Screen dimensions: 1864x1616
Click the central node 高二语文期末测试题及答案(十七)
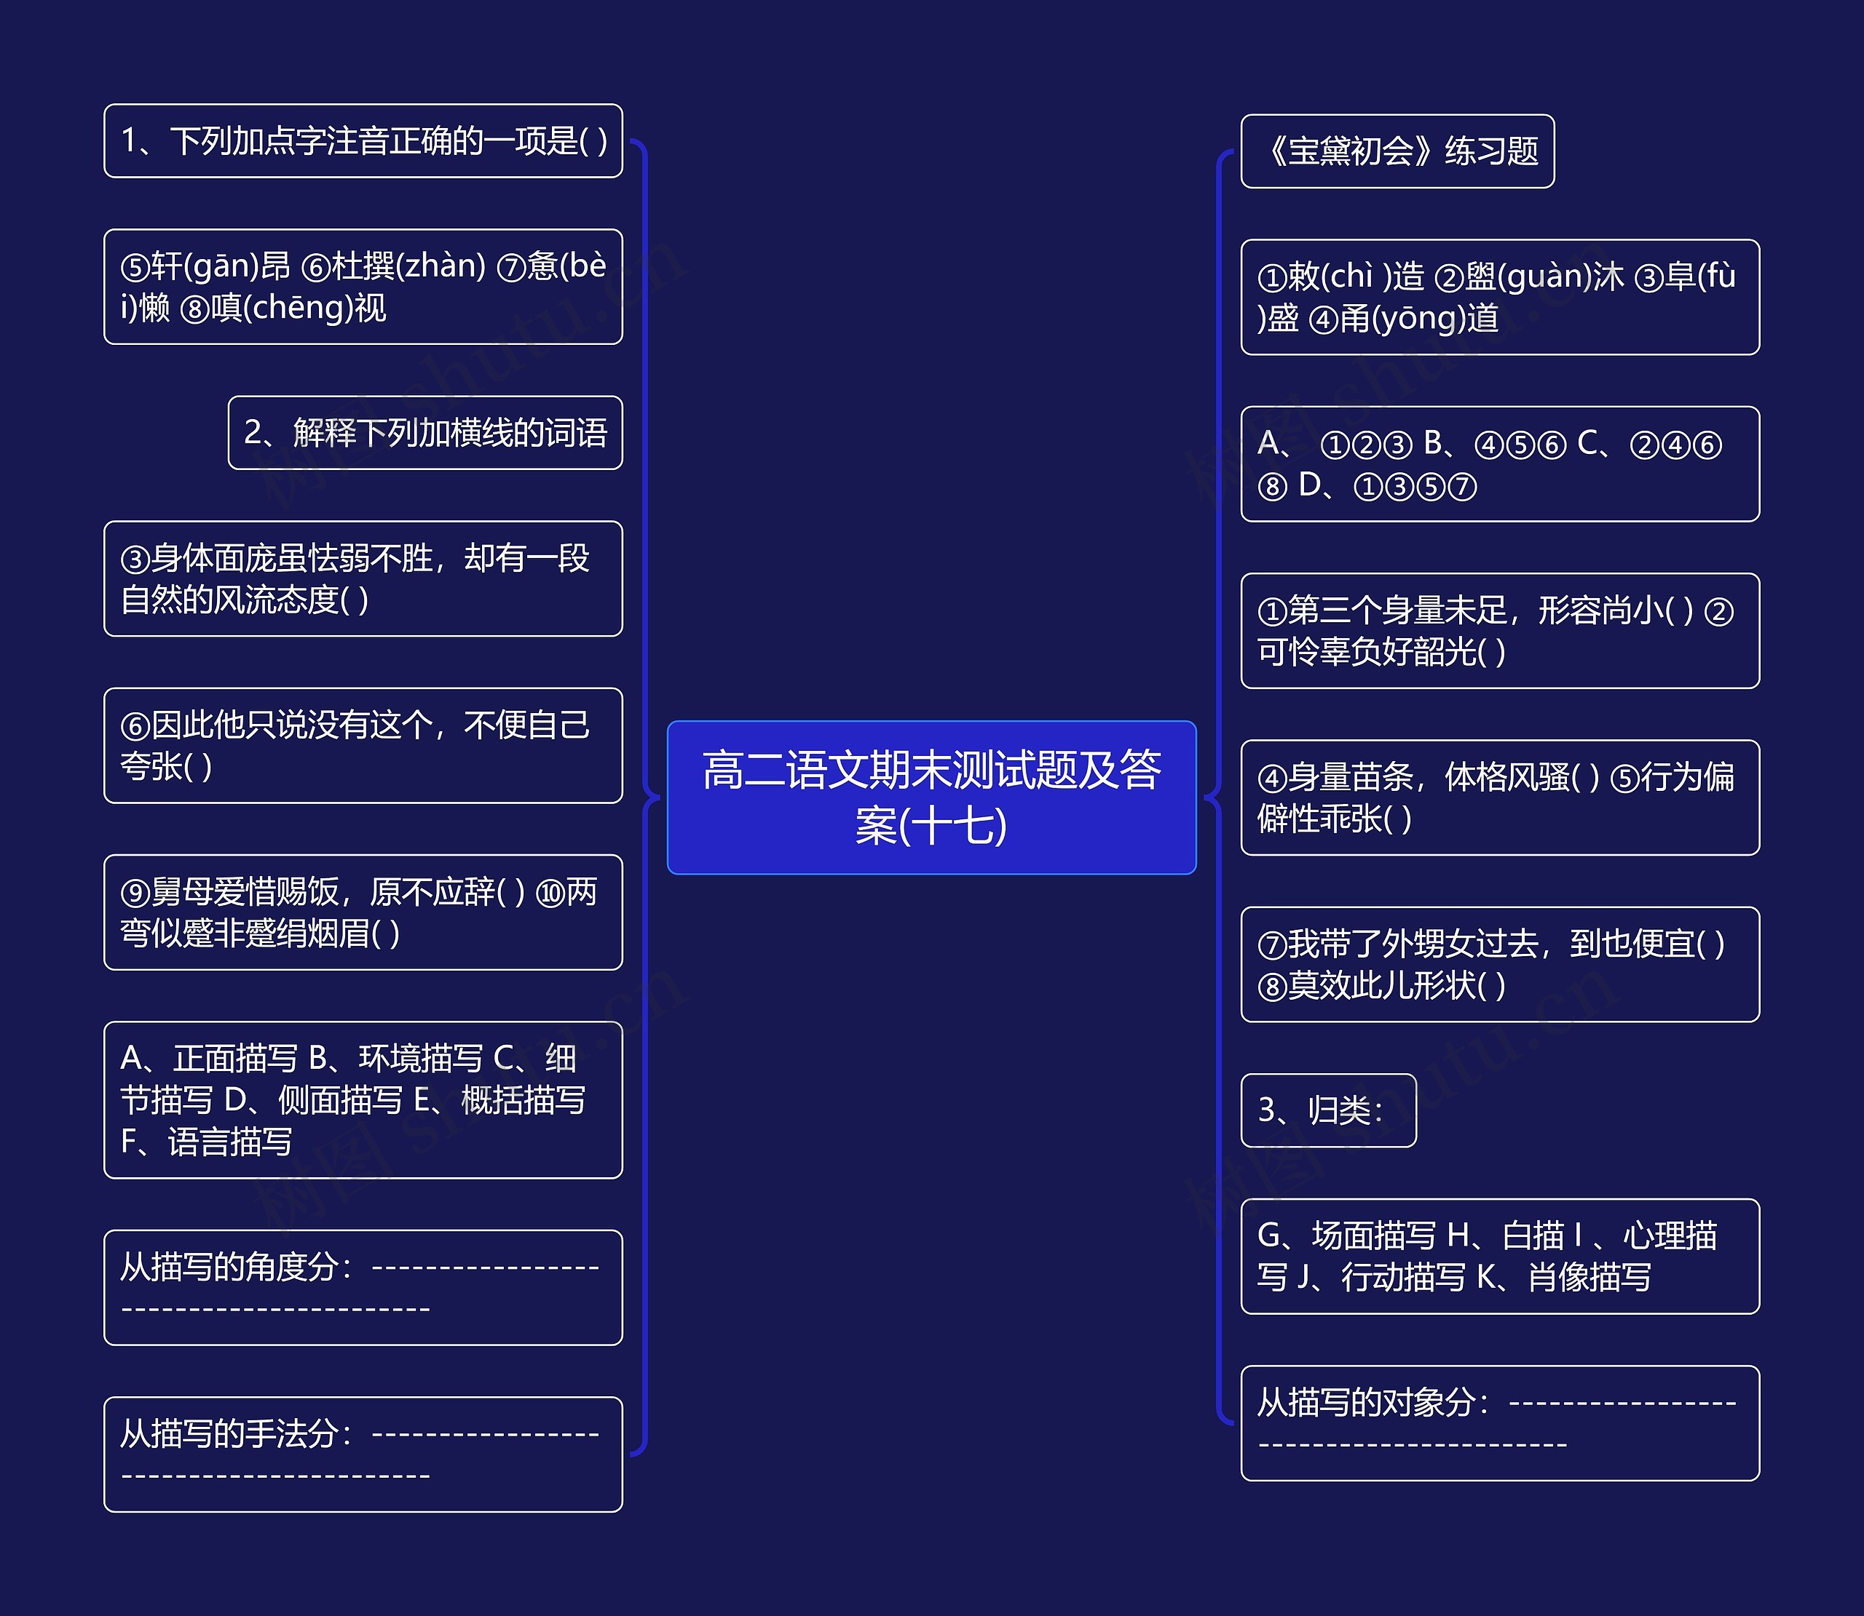coord(931,797)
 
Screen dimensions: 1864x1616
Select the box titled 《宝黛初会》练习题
coord(1397,151)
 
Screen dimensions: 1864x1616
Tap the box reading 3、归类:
coord(1327,1110)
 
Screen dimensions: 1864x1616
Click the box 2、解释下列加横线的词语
coord(425,433)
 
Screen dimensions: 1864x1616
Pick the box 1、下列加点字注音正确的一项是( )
coord(363,140)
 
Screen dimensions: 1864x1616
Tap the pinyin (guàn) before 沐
coord(1542,276)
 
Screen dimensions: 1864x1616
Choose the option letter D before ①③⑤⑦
coord(1309,485)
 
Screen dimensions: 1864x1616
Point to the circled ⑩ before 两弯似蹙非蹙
coord(550,893)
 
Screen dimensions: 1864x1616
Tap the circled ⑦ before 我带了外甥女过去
coord(1271,945)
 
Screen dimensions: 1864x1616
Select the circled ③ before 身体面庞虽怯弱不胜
coord(135,559)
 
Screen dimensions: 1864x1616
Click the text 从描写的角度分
coord(230,1267)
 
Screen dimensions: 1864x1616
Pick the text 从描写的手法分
coord(230,1434)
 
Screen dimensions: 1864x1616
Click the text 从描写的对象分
coord(1367,1402)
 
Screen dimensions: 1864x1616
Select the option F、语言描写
coord(207,1142)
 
